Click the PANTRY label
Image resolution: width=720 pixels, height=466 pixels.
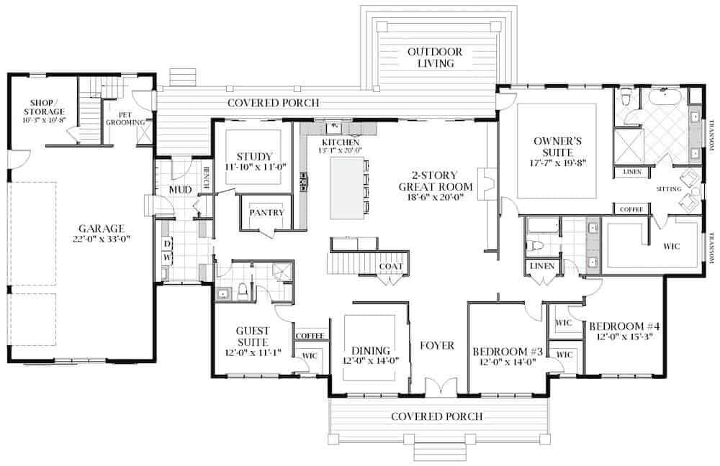[266, 213]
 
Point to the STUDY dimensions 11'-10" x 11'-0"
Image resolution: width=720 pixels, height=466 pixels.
[255, 167]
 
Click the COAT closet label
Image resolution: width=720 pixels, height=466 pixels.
[390, 267]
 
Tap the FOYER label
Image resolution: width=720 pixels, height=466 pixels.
[437, 346]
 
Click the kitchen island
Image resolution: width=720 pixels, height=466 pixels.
[346, 188]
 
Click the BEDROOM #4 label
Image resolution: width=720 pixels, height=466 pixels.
[624, 326]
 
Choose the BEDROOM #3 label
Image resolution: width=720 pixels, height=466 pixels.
[507, 352]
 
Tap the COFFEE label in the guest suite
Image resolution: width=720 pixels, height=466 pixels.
[310, 336]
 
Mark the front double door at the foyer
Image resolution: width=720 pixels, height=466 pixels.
[437, 388]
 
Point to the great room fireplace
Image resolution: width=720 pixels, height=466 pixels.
[487, 184]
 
